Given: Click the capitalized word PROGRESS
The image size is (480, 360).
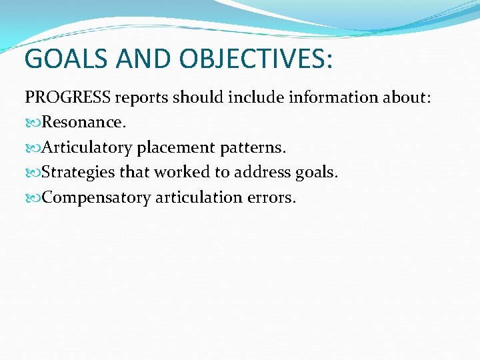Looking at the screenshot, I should (68, 97).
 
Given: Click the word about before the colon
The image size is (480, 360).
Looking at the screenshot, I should (403, 97).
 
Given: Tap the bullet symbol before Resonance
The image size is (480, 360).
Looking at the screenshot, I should (33, 123).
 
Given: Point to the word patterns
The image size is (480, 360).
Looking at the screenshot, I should (257, 148).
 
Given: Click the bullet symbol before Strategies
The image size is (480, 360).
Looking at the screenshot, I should (33, 173).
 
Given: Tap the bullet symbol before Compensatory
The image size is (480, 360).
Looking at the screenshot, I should (33, 198).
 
